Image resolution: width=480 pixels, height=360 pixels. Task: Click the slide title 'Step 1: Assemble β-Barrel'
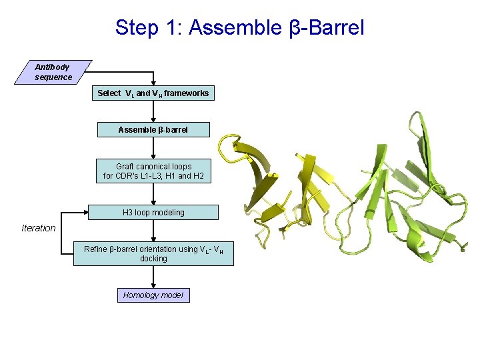239,27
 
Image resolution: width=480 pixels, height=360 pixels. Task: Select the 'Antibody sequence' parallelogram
53,72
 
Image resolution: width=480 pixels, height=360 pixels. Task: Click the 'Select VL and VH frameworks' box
153,93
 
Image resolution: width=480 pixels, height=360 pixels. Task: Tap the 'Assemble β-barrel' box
153,129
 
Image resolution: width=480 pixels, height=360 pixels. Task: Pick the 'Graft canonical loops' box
153,171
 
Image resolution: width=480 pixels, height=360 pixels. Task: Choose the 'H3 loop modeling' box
153,213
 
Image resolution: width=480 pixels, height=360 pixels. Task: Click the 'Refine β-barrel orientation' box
153,253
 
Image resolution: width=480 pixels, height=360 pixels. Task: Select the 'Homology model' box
153,295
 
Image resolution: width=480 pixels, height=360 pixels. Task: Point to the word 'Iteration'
39,228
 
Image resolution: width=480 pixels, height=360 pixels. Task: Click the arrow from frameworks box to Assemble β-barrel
153,111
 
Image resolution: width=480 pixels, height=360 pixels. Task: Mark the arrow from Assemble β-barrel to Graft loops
153,147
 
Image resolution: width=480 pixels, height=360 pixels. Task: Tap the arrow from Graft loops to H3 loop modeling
153,194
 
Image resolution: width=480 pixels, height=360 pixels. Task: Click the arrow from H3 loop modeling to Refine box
153,231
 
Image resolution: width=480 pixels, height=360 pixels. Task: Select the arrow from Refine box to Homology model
153,277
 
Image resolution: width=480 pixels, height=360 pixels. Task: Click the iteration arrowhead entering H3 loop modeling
85,213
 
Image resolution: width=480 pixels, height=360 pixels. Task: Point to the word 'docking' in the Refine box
153,259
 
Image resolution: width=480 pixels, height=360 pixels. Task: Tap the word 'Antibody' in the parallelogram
52,67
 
